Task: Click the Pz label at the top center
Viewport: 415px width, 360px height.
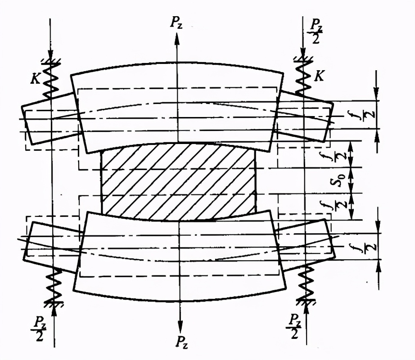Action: point(176,23)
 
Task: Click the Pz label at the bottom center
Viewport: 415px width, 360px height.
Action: point(182,342)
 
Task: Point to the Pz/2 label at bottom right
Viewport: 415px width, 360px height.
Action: point(294,326)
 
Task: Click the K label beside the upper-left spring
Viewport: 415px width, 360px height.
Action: point(35,79)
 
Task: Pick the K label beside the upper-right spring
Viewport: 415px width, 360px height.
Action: point(320,76)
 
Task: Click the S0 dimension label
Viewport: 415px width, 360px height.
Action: point(334,180)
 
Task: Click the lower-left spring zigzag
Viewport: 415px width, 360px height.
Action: point(54,284)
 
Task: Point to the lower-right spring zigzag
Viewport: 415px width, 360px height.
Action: point(306,282)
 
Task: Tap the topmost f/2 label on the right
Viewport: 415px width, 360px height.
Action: point(368,115)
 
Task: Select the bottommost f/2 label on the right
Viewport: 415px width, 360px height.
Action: point(368,247)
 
